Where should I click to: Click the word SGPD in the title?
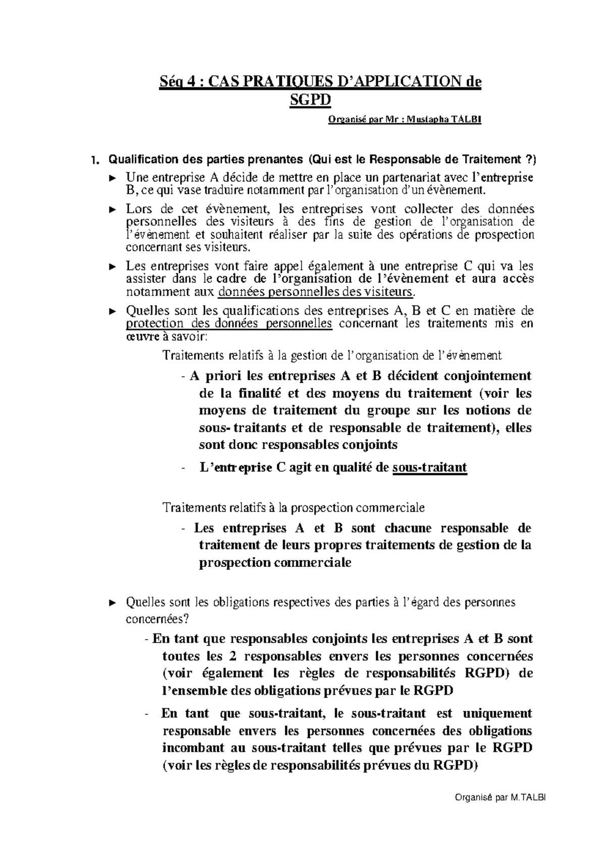310,100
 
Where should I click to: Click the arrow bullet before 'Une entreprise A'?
113,178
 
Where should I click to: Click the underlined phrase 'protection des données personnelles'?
229,324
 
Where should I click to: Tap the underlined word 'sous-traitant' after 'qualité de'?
430,468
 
